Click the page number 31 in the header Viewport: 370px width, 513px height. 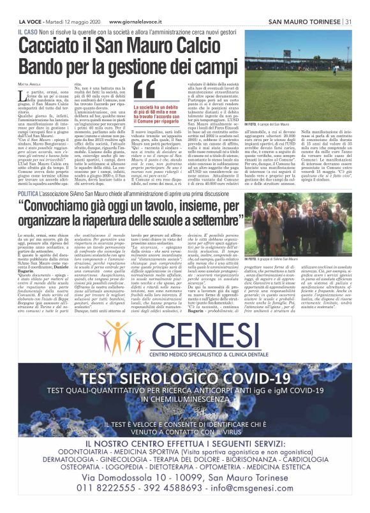tap(348, 22)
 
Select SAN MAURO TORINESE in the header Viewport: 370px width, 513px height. tap(304, 22)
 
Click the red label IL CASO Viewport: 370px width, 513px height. tap(27, 31)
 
